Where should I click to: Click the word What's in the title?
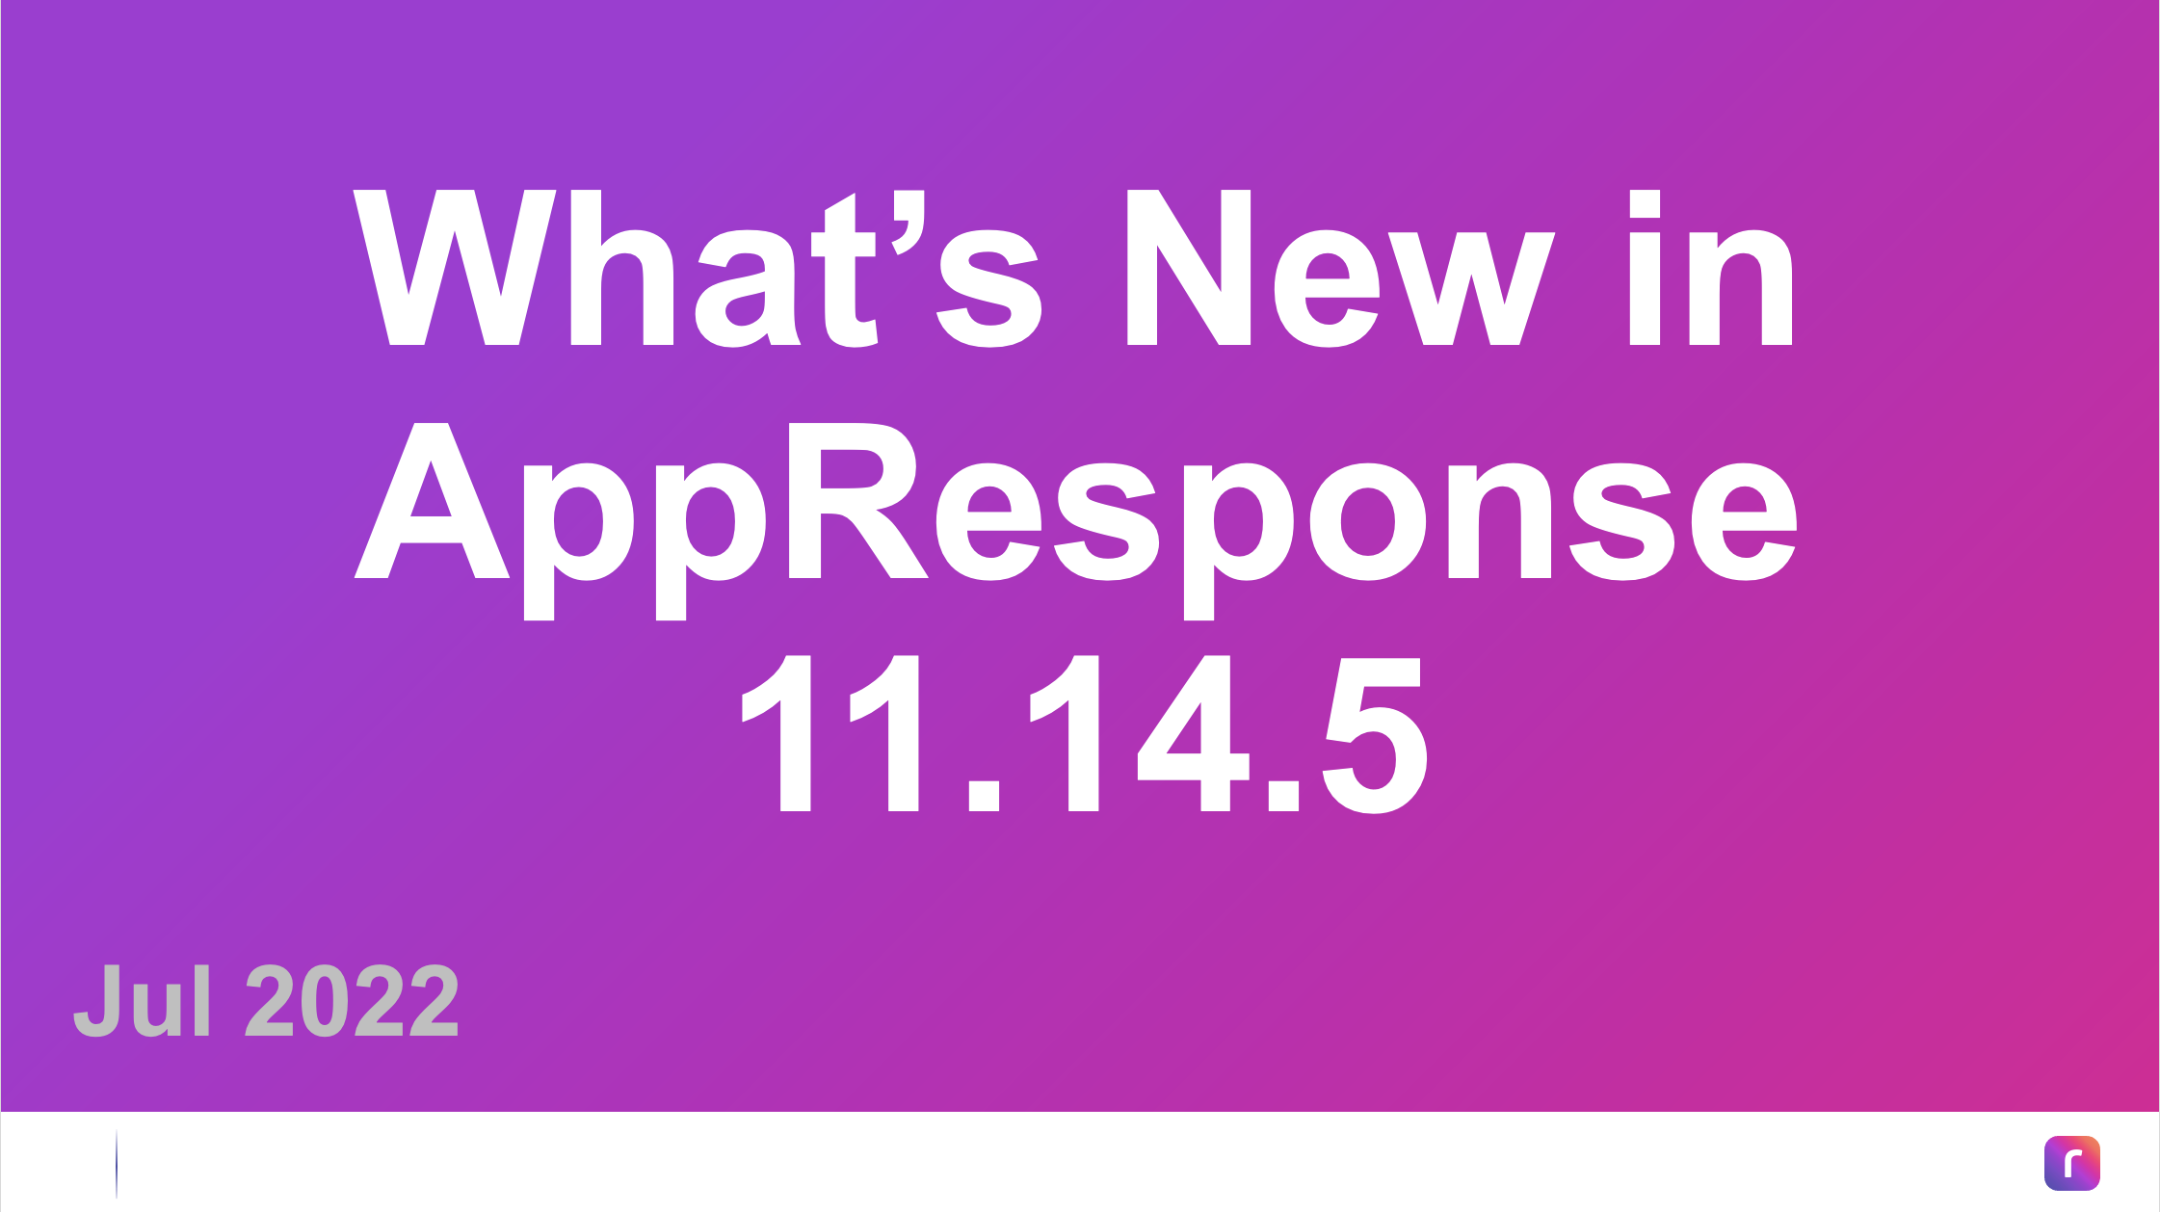[x=698, y=268]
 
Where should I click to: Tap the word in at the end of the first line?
[x=1710, y=268]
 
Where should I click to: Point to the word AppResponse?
[x=1076, y=520]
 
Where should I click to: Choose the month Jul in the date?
[x=143, y=1000]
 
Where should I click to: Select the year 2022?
[x=353, y=1000]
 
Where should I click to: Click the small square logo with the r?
[x=2072, y=1163]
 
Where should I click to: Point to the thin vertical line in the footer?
[x=117, y=1164]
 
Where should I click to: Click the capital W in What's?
[x=455, y=267]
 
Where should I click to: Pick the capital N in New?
[x=1189, y=267]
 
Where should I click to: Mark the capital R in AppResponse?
[x=857, y=501]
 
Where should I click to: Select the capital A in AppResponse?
[x=432, y=501]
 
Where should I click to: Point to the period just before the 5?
[x=1284, y=796]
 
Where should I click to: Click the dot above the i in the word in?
[x=1645, y=203]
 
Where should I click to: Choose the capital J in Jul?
[x=101, y=1000]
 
